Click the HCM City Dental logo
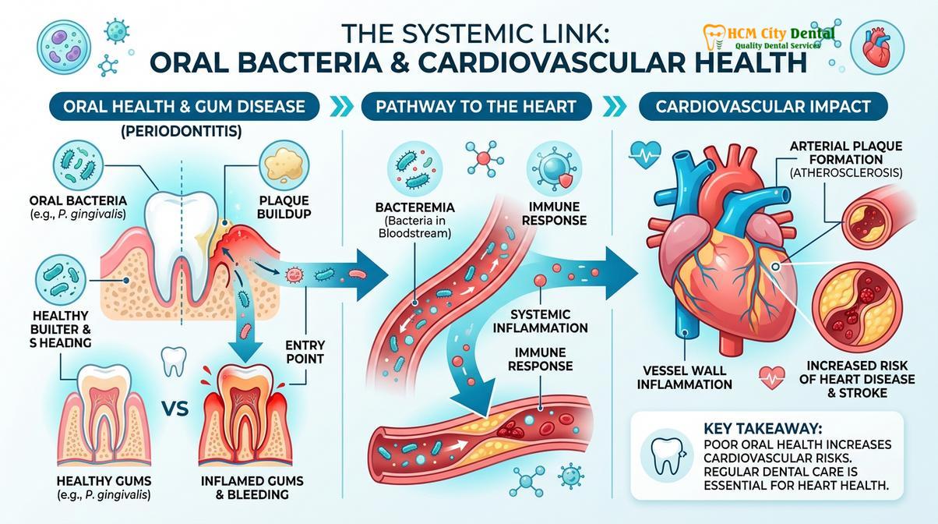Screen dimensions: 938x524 [x=768, y=38]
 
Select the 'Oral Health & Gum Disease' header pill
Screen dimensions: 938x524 [x=184, y=107]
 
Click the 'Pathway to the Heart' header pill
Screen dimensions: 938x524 [x=476, y=107]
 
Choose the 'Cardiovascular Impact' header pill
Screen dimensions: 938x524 [x=763, y=107]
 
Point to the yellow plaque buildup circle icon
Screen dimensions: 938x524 [x=284, y=165]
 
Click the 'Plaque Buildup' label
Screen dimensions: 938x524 [x=284, y=207]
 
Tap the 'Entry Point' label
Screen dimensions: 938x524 [x=305, y=352]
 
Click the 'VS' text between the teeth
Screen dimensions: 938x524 [x=175, y=409]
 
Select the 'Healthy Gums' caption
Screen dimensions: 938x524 [x=104, y=480]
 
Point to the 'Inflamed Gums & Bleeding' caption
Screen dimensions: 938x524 [x=252, y=487]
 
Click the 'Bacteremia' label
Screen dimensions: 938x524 [x=415, y=207]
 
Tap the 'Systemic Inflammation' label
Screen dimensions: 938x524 [x=540, y=321]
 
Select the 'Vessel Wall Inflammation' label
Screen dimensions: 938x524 [x=685, y=377]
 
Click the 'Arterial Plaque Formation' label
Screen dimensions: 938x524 [x=846, y=153]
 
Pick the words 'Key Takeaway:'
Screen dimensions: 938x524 [x=763, y=429]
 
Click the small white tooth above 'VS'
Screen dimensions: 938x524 [x=174, y=361]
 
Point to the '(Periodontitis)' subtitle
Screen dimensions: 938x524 [x=182, y=132]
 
